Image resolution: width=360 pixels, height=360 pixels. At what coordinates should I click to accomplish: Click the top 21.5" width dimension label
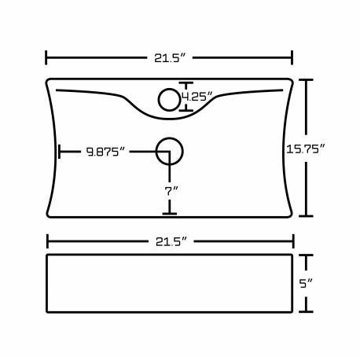click(x=170, y=57)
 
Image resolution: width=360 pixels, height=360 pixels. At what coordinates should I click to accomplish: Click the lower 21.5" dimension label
click(x=170, y=240)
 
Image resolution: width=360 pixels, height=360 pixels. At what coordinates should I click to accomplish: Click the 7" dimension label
click(x=171, y=190)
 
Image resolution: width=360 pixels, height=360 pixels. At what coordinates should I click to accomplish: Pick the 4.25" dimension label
click(x=197, y=97)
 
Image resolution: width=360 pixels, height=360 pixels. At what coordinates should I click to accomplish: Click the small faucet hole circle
click(x=169, y=99)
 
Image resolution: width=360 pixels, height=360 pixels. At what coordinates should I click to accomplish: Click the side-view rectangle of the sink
click(x=169, y=283)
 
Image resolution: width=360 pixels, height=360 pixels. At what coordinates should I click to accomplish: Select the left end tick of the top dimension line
click(x=46, y=57)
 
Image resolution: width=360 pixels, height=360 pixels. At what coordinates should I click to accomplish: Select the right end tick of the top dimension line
click(x=292, y=57)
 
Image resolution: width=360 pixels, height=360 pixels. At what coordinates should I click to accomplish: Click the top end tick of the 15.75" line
click(x=306, y=80)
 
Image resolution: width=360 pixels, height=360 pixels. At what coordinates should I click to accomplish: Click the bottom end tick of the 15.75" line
click(x=306, y=215)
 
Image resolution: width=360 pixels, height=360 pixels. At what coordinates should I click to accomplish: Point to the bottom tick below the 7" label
click(x=169, y=213)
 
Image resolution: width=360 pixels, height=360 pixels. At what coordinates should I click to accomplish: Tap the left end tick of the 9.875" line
click(x=59, y=152)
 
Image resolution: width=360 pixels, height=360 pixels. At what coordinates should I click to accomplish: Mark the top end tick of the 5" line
click(x=307, y=255)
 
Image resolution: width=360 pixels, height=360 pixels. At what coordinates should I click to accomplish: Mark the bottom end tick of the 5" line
click(x=307, y=311)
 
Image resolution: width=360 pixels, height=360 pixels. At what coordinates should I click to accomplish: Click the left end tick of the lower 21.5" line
click(x=47, y=241)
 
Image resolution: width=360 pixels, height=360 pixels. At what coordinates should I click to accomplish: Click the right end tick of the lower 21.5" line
click(x=292, y=241)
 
